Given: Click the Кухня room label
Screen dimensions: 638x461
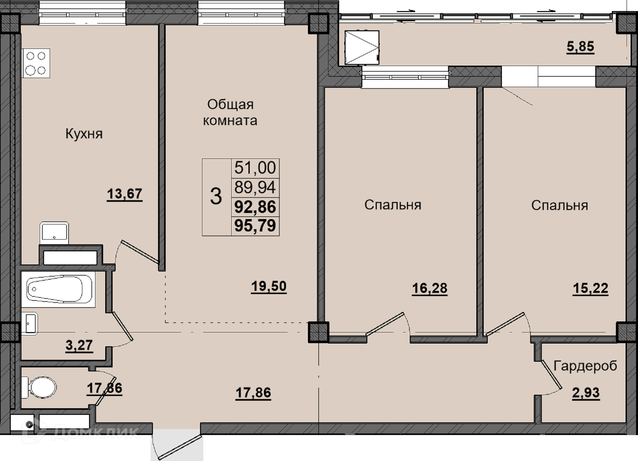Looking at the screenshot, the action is click(x=84, y=134).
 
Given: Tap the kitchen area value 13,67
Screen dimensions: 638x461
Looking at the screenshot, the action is click(x=124, y=194).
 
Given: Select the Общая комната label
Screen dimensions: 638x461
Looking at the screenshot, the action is click(x=230, y=112).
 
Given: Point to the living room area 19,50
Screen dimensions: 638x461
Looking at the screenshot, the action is click(x=269, y=286).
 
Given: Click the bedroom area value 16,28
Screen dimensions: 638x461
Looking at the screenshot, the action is click(x=430, y=288).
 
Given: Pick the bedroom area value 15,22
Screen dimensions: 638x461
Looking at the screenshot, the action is click(x=590, y=288).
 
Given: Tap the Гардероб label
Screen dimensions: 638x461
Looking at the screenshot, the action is click(x=585, y=366).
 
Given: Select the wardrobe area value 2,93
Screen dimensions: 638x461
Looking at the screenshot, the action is click(x=586, y=393).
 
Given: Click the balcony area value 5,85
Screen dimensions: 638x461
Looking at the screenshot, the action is click(x=581, y=46).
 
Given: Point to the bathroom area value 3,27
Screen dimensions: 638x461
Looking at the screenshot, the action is click(x=79, y=345).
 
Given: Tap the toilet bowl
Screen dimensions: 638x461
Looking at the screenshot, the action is click(x=39, y=387).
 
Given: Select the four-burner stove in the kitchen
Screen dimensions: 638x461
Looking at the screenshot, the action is click(x=36, y=63).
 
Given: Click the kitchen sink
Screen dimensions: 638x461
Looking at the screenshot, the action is click(x=54, y=233).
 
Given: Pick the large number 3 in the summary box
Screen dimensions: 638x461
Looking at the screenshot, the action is click(x=216, y=197).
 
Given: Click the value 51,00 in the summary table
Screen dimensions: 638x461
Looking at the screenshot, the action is click(x=255, y=168).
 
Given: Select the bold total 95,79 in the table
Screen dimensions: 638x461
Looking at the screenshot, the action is click(x=255, y=225).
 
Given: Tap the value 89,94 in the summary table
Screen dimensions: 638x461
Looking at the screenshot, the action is click(x=255, y=187).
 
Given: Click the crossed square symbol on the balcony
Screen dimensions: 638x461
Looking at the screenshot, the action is click(x=362, y=47).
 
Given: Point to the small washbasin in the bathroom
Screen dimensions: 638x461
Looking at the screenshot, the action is click(x=30, y=323).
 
